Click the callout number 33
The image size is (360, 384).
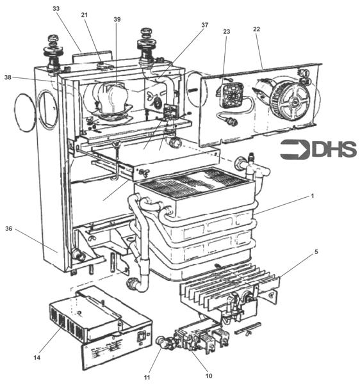tap(56, 9)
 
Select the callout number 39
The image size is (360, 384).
tap(117, 20)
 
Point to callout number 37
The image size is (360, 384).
tap(205, 25)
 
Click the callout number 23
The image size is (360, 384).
tap(226, 31)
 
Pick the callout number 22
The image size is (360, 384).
tap(256, 30)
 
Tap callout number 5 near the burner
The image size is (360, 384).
tap(316, 252)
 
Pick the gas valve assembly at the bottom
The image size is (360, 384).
tap(192, 336)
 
